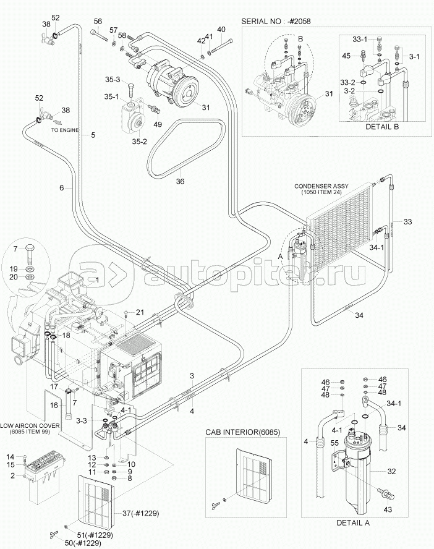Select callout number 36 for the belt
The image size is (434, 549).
coord(181,181)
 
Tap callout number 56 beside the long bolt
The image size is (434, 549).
coord(97,22)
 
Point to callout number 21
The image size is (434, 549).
coord(140,312)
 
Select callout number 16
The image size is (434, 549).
coord(54,405)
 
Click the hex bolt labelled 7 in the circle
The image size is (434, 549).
coord(30,255)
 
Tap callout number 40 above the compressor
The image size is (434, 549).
coord(221,29)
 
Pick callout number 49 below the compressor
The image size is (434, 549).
coord(158,125)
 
